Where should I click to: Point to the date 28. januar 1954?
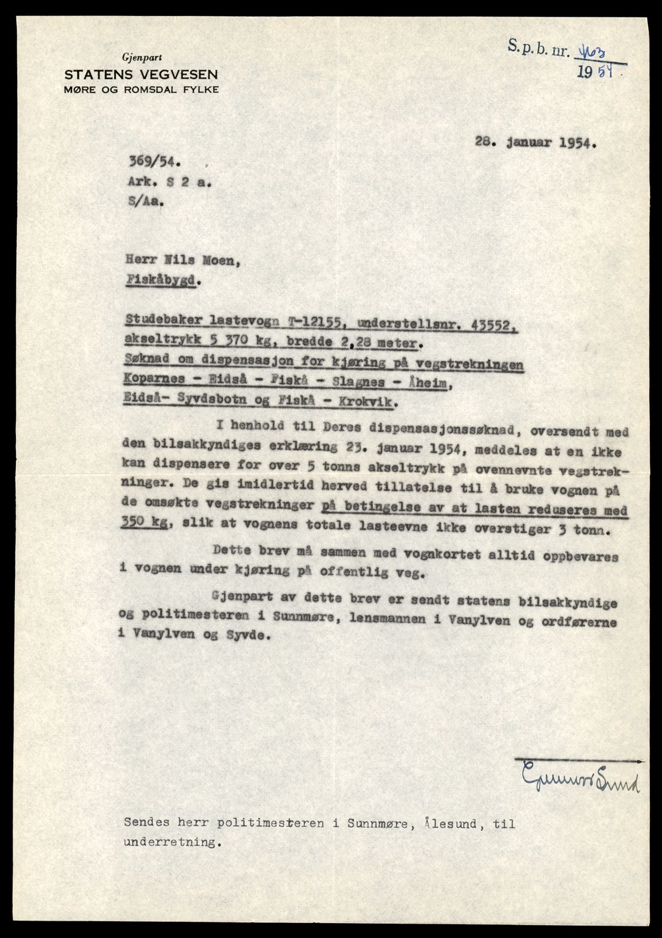pos(536,143)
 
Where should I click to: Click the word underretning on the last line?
pos(171,843)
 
